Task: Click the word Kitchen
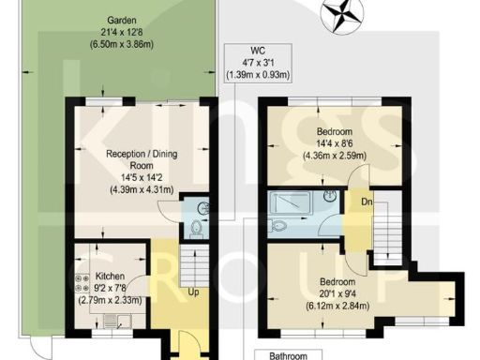point(111,277)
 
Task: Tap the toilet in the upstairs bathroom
point(278,224)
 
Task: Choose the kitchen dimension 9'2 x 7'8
point(110,289)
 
